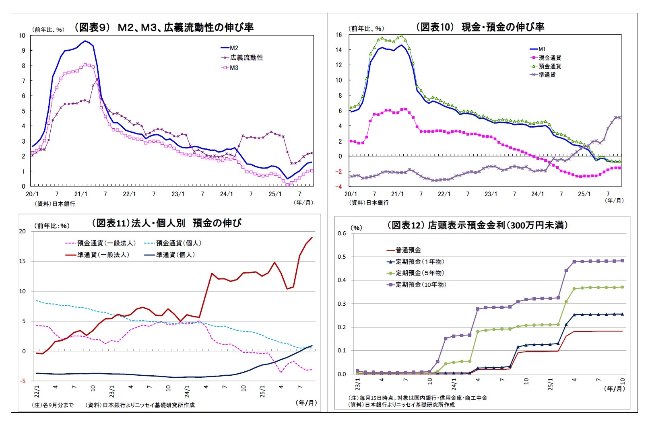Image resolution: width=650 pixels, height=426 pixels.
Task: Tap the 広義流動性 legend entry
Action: click(x=246, y=58)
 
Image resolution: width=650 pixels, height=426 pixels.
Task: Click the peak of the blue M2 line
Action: click(x=85, y=41)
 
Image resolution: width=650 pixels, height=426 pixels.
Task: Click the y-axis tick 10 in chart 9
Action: click(x=22, y=35)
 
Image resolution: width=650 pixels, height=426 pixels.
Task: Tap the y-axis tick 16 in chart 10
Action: click(x=338, y=35)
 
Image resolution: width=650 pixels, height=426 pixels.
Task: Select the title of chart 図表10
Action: click(x=480, y=27)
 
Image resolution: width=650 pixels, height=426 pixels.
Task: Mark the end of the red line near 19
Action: click(x=312, y=238)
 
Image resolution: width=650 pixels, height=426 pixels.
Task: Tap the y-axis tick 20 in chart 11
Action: click(x=22, y=231)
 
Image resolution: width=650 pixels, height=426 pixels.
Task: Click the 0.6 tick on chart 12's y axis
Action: click(x=342, y=233)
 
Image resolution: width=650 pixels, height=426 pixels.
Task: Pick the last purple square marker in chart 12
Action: click(x=622, y=261)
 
